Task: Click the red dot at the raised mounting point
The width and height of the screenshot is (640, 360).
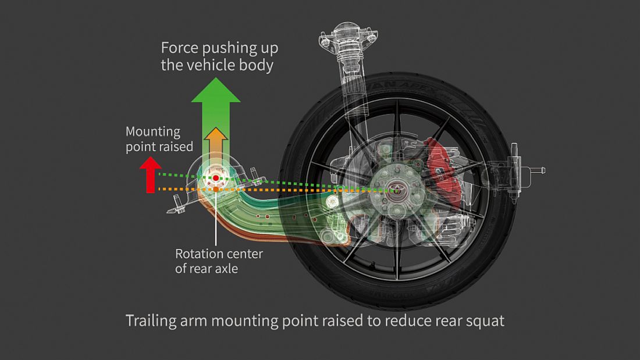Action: [x=216, y=177]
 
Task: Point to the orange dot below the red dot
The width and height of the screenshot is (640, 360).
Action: [x=216, y=190]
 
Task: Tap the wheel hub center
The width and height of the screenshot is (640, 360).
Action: [x=392, y=188]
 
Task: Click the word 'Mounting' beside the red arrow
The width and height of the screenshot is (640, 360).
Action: [x=153, y=131]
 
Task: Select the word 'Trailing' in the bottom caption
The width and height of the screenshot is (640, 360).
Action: [x=151, y=320]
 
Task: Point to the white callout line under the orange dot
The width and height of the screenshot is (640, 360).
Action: [x=216, y=221]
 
